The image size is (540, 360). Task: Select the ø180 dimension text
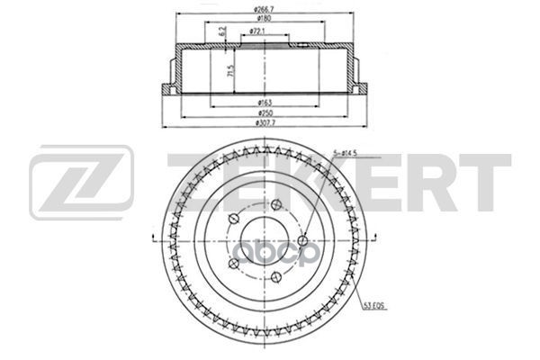tap(264, 20)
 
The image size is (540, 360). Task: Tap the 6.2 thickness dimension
tap(222, 34)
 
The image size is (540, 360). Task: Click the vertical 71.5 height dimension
tap(231, 70)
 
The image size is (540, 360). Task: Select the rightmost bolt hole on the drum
tap(302, 240)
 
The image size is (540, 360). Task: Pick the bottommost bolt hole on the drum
tap(275, 278)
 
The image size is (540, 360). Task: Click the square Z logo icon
tap(81, 182)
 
